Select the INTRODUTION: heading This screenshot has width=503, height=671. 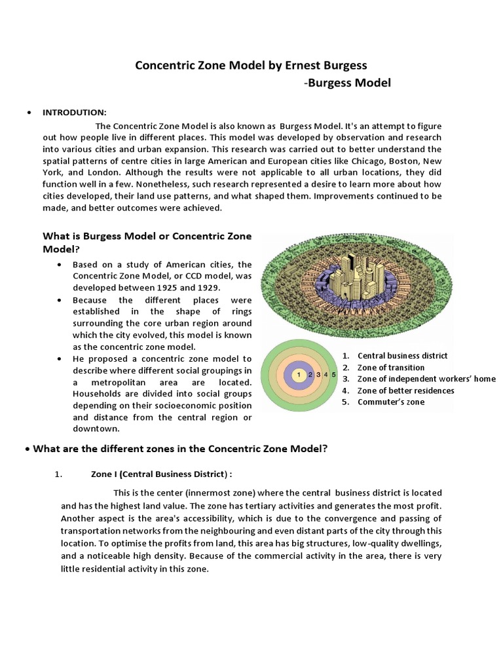point(74,113)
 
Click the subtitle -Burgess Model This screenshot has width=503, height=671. point(348,83)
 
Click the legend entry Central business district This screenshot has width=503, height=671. point(402,356)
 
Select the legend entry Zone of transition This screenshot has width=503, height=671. point(390,368)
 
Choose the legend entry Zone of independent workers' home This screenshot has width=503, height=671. point(426,379)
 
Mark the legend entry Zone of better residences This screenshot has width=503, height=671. point(405,391)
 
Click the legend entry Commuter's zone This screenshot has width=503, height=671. point(390,402)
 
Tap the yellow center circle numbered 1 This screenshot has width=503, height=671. point(299,375)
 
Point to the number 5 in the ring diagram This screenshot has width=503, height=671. point(333,375)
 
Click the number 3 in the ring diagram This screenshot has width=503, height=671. point(318,375)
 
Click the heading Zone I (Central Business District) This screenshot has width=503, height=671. point(161,474)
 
